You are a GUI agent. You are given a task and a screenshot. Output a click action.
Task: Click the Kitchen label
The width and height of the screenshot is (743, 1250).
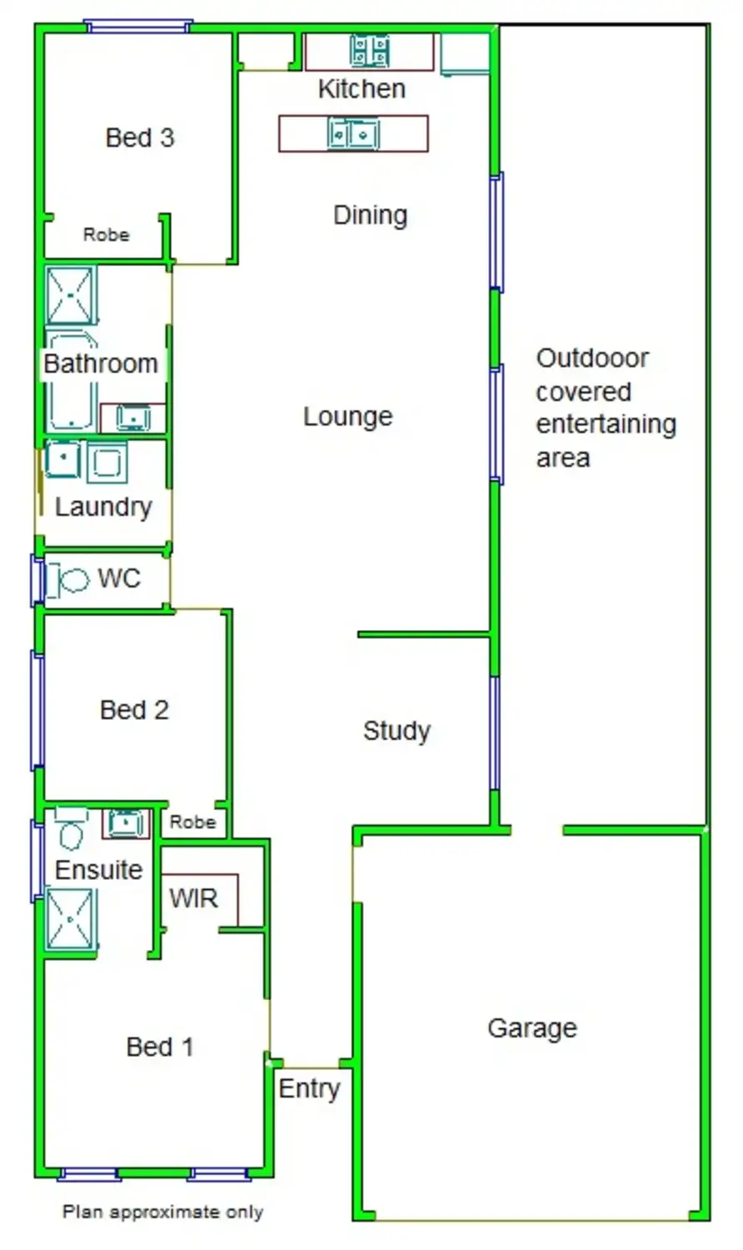coord(362,89)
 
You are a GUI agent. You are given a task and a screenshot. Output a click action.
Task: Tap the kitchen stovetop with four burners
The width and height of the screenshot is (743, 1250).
coord(369,51)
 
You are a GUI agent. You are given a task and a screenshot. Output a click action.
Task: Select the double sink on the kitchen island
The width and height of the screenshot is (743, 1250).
coord(353,134)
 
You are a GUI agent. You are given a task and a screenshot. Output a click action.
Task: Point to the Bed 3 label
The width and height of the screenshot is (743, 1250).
coord(140,137)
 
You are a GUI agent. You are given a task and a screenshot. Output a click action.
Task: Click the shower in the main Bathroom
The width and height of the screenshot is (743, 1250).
coord(70,296)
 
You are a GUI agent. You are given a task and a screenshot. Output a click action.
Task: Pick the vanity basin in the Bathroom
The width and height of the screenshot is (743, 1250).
coord(132,417)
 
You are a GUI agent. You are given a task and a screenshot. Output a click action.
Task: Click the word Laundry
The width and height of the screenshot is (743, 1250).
coord(104,507)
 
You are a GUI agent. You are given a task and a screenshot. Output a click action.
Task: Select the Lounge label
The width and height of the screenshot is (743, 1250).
coord(347,417)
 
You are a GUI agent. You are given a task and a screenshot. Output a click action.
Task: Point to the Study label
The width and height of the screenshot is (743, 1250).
coord(396,731)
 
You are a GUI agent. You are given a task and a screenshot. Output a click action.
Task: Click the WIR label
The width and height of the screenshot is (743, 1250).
coord(193,897)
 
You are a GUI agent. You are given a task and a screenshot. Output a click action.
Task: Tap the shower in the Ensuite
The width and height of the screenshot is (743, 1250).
coord(70,920)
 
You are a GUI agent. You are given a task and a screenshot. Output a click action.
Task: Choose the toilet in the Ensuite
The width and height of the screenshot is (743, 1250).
coord(71,828)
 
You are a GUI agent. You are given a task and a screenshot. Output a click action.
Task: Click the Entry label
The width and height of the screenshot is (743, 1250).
coord(310,1088)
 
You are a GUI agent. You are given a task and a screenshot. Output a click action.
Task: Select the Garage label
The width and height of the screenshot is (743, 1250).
coord(533,1028)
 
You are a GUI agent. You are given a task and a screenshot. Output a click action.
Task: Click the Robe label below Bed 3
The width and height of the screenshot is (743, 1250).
coord(106,234)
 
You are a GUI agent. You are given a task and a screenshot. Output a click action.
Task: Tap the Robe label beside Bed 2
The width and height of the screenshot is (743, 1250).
coord(192,822)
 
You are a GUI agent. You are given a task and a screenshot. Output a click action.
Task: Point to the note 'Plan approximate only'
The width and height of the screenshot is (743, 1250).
coord(162,1212)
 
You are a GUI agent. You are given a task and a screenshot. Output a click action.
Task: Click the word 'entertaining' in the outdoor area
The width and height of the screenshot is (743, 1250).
coord(606,425)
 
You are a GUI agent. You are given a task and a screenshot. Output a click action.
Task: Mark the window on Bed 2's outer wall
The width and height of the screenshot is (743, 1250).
coord(37,710)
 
